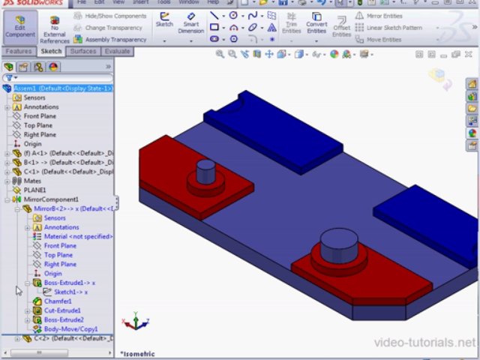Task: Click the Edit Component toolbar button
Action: coord(19,26)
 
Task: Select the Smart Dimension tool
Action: coord(190,23)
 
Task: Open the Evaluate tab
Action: coord(117,51)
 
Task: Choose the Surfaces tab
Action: coord(83,51)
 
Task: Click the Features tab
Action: coord(18,51)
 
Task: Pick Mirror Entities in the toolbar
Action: coord(383,16)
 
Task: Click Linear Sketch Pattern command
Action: coord(393,28)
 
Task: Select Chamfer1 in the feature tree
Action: coord(57,301)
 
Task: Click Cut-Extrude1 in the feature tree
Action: coord(61,310)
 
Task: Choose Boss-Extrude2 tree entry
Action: coord(63,319)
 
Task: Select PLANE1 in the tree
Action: coord(34,190)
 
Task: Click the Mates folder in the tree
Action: coord(31,181)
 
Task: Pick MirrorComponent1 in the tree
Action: coord(50,199)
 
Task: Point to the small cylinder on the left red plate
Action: coord(205,172)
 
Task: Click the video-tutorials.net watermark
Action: coord(424,343)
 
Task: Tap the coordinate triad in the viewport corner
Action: coord(136,322)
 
